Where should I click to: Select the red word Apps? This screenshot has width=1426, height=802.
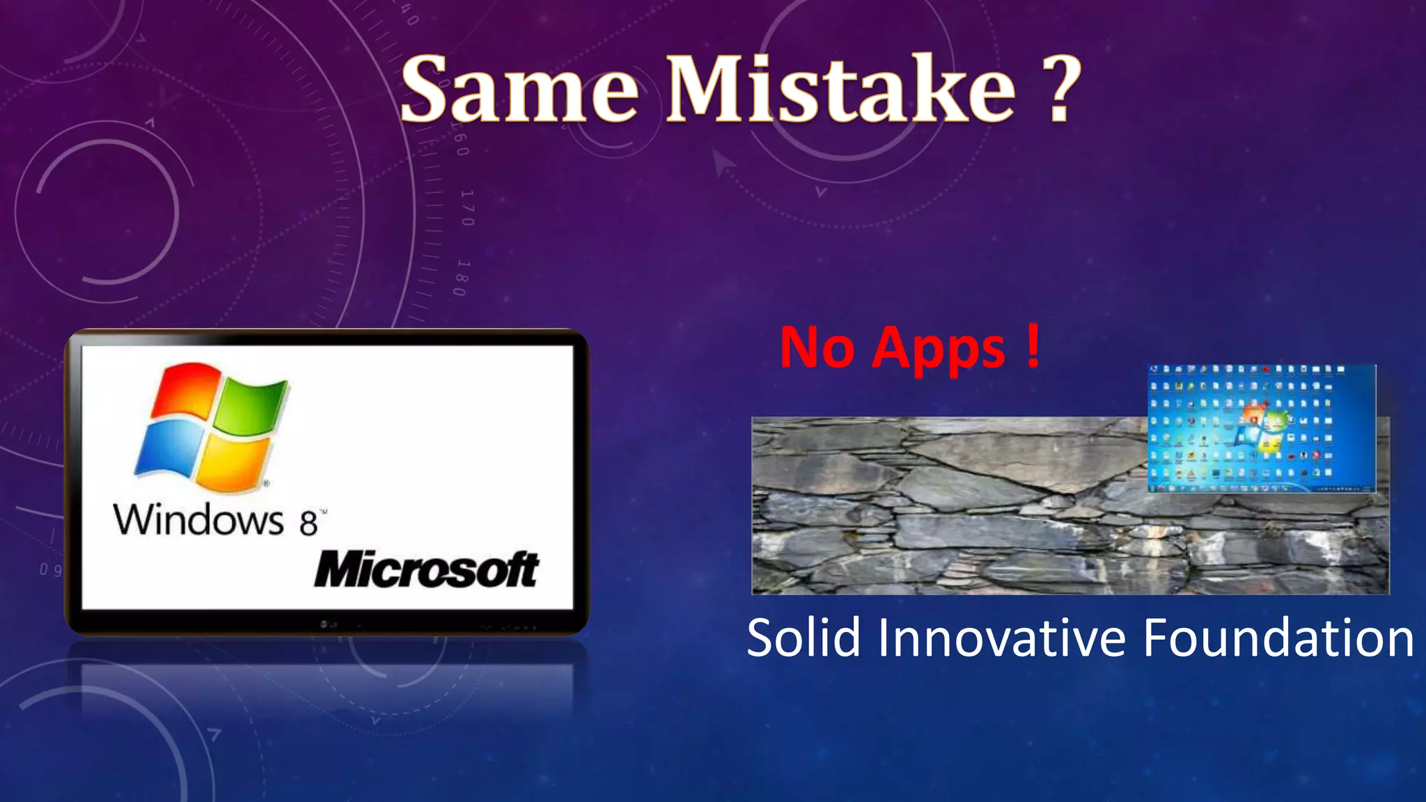(x=939, y=349)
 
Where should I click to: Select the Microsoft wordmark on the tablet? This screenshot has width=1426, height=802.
(x=426, y=569)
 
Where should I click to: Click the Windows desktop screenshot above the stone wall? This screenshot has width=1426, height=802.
(x=1261, y=427)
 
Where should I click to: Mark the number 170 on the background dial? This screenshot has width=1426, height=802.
(x=467, y=207)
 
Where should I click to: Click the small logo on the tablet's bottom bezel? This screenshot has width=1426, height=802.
(x=328, y=624)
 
